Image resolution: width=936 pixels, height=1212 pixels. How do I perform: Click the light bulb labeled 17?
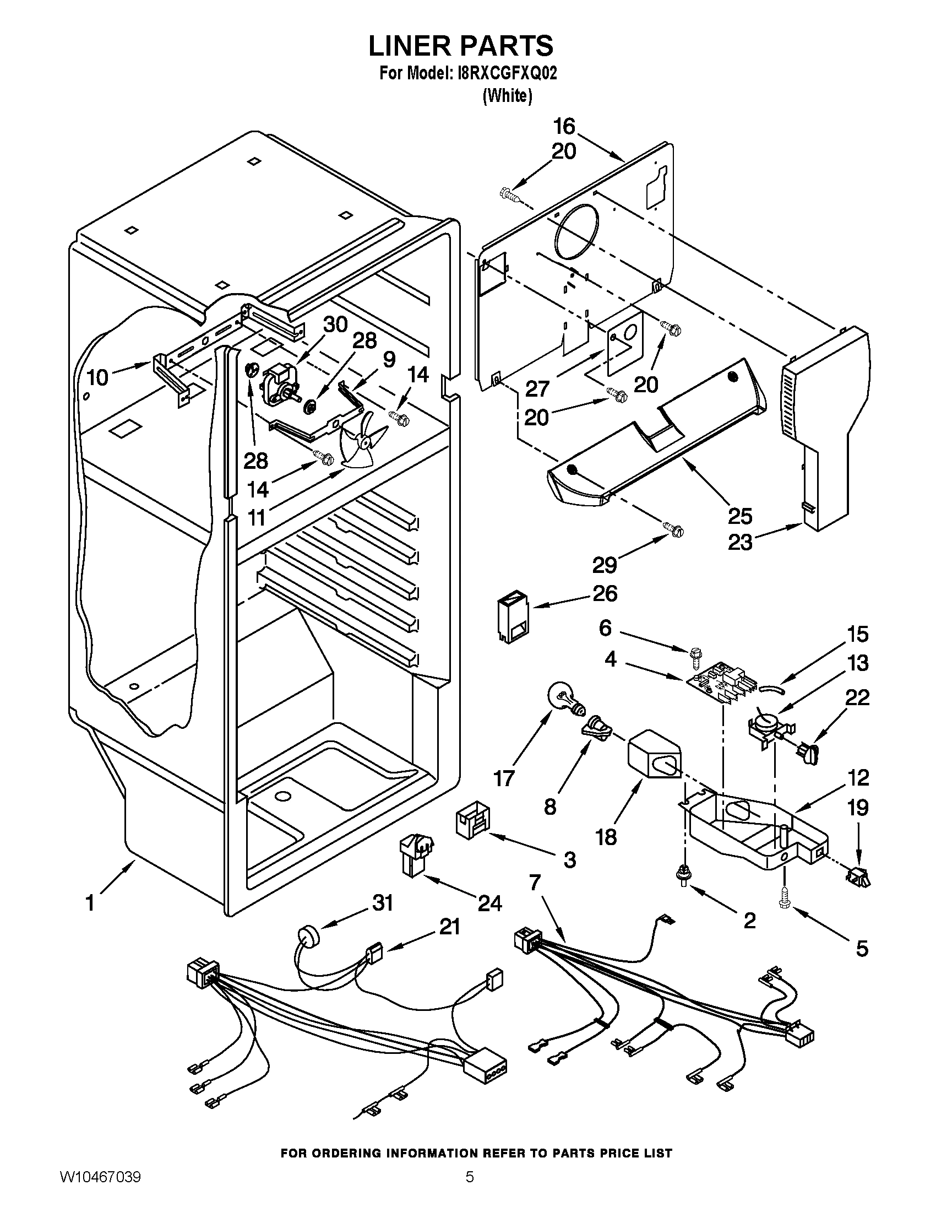[x=563, y=699]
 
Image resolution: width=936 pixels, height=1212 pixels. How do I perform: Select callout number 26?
[x=605, y=594]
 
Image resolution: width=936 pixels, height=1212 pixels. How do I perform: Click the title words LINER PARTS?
[x=461, y=45]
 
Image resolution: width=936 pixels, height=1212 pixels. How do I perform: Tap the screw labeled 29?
[x=676, y=530]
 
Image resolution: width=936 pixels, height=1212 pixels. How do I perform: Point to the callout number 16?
[x=564, y=127]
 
